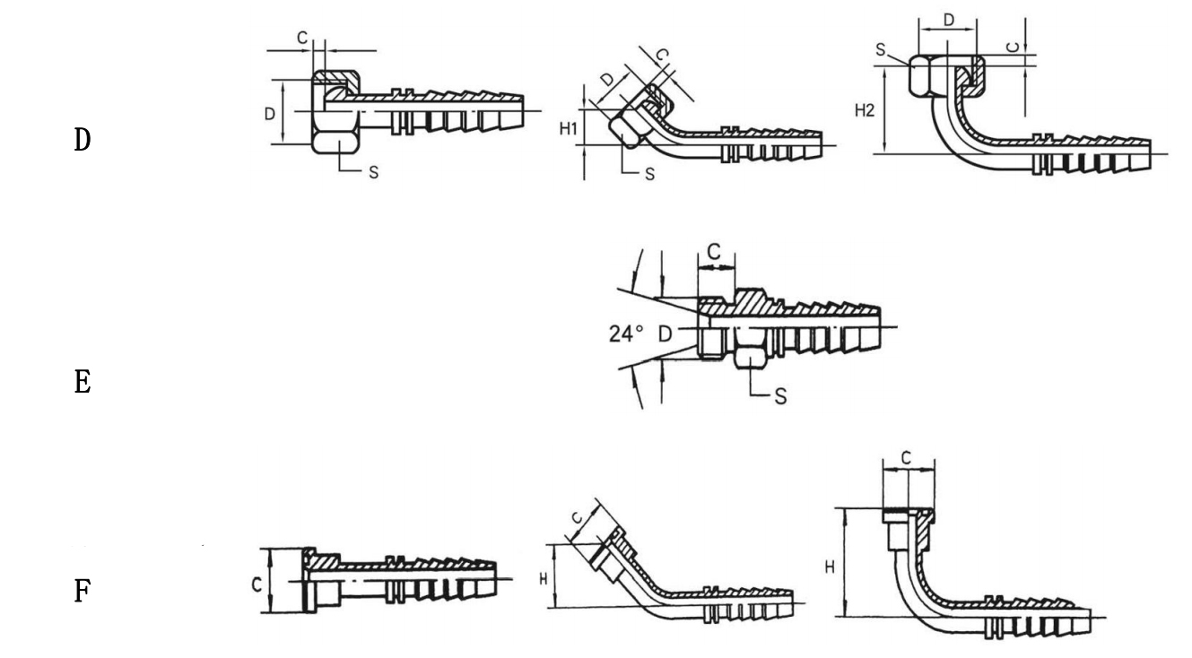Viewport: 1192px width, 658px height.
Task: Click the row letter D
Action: click(83, 140)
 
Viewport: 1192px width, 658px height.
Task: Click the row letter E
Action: click(83, 382)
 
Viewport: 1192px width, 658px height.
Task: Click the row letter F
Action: click(82, 591)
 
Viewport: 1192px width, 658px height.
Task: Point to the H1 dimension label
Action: click(569, 129)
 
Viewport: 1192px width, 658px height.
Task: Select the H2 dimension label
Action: click(865, 110)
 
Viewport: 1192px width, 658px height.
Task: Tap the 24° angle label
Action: click(626, 334)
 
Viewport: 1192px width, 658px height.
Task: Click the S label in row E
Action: click(780, 396)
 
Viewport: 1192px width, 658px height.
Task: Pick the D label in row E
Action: click(666, 334)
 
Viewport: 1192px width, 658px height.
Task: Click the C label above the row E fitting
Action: click(714, 252)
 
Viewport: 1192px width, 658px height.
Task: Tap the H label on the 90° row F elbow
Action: click(830, 567)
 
